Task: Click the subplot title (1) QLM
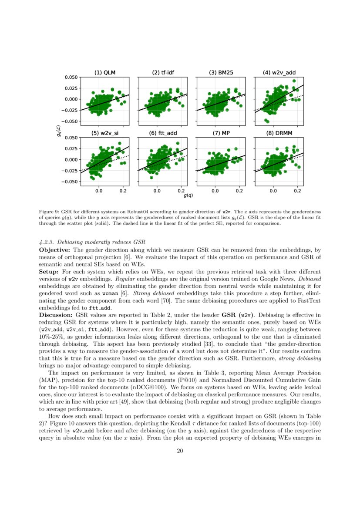coord(105,73)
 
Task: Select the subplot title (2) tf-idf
coord(163,73)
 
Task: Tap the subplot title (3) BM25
coord(221,73)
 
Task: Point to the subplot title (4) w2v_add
coord(279,73)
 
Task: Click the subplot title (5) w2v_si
coord(105,133)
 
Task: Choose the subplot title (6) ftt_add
coord(163,133)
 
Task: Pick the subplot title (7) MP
coord(221,133)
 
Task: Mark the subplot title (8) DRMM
coord(279,133)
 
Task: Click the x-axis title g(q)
coord(188,196)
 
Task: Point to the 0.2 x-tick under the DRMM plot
coord(297,190)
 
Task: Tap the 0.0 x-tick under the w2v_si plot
coord(98,190)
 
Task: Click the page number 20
coord(180,451)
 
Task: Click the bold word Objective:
coord(54,250)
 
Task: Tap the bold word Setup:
coord(49,271)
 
